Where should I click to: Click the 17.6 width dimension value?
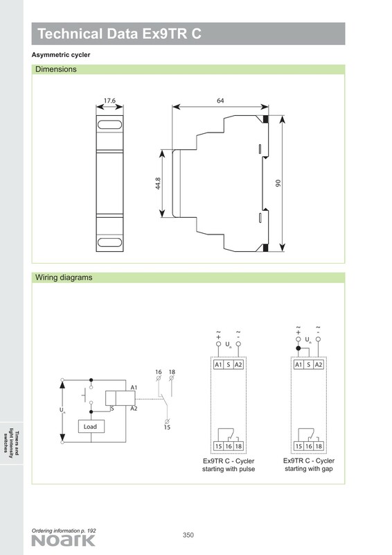pyautogui.click(x=109, y=101)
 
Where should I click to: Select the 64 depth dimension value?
pyautogui.click(x=220, y=101)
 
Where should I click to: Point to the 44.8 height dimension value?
pyautogui.click(x=158, y=183)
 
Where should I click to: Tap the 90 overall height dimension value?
pyautogui.click(x=278, y=183)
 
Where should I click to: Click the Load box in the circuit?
pyautogui.click(x=91, y=427)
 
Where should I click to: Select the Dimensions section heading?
pyautogui.click(x=56, y=69)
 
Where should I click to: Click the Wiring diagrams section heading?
pyautogui.click(x=64, y=277)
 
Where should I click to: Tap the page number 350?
pyautogui.click(x=188, y=535)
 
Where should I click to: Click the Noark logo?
pyautogui.click(x=63, y=541)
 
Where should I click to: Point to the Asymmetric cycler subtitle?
pyautogui.click(x=61, y=55)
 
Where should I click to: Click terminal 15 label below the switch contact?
pyautogui.click(x=167, y=427)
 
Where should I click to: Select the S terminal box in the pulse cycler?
pyautogui.click(x=229, y=365)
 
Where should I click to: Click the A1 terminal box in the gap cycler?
pyautogui.click(x=299, y=365)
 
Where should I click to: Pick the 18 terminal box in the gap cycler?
pyautogui.click(x=319, y=446)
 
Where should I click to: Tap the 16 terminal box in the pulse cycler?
pyautogui.click(x=229, y=446)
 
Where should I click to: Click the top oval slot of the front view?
pyautogui.click(x=109, y=125)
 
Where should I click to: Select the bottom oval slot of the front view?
pyautogui.click(x=109, y=242)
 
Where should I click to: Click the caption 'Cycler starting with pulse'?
pyautogui.click(x=229, y=465)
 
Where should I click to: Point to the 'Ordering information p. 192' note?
pyautogui.click(x=64, y=531)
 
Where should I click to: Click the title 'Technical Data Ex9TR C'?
pyautogui.click(x=120, y=33)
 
